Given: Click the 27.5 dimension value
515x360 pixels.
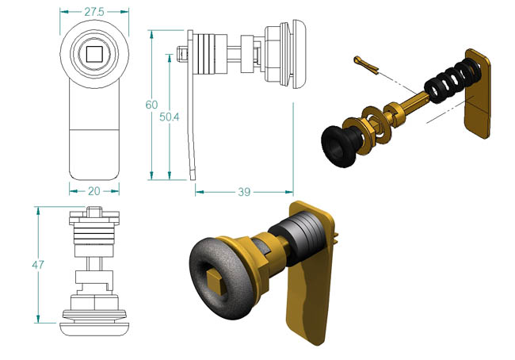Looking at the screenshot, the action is [x=94, y=12].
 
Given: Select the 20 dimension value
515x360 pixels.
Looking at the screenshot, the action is [x=94, y=191].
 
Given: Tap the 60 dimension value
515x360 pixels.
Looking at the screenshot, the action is [x=151, y=105].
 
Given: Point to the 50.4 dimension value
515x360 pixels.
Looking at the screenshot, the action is [x=170, y=117].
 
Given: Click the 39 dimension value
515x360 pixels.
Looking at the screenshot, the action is [x=244, y=192].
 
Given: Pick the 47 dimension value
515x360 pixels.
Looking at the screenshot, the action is [x=38, y=265].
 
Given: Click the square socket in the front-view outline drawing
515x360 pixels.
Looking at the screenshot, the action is [x=94, y=54].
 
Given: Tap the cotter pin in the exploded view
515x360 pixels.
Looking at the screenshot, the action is [x=365, y=65].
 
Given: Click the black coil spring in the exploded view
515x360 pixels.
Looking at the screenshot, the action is [x=452, y=81].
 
